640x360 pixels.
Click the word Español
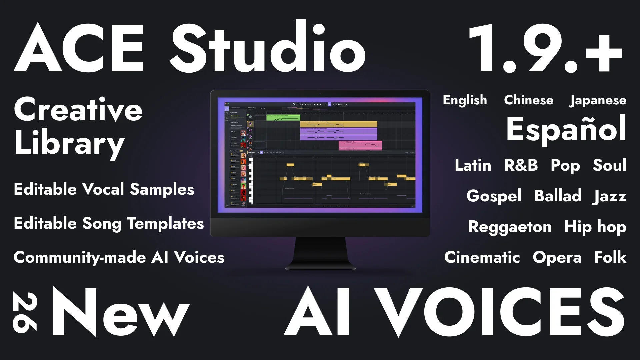(566, 129)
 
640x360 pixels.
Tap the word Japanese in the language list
(598, 100)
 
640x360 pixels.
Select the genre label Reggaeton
(510, 227)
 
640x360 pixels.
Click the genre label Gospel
(494, 196)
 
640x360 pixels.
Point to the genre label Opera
(557, 258)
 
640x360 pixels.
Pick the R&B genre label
(521, 165)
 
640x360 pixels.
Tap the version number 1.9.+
(545, 49)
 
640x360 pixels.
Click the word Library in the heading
(69, 143)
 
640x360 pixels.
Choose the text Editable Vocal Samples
(104, 189)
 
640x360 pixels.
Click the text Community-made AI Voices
(119, 258)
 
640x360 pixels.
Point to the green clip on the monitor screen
(283, 117)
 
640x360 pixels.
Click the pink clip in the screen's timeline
(360, 145)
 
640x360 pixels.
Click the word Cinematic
(482, 257)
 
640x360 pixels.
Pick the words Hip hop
(595, 227)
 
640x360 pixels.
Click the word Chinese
(528, 100)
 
